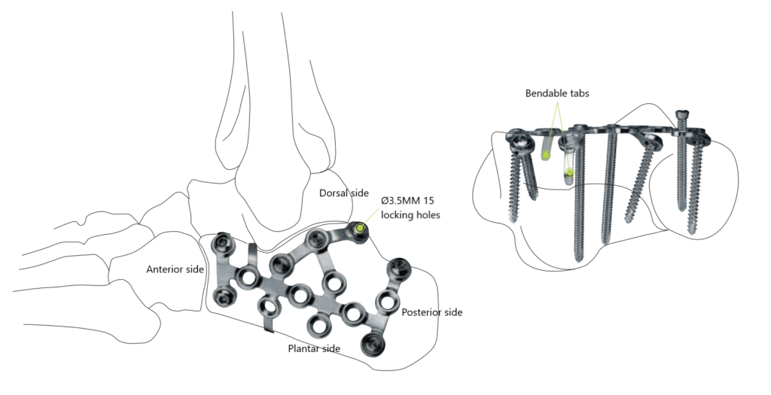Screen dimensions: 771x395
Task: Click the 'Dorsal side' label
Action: click(x=343, y=193)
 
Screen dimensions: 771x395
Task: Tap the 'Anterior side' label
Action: click(x=175, y=269)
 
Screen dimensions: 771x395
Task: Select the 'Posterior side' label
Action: click(x=432, y=312)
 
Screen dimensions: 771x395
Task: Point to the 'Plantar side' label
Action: click(x=314, y=348)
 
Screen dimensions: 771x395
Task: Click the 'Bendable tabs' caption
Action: click(x=557, y=93)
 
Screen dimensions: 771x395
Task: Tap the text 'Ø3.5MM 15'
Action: click(x=407, y=201)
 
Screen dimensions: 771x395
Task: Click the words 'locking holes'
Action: click(x=410, y=214)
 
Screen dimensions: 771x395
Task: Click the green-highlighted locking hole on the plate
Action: click(x=361, y=227)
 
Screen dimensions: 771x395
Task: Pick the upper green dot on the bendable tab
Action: click(x=545, y=155)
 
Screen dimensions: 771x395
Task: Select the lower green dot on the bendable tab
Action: click(x=569, y=172)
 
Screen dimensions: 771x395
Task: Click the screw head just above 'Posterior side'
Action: click(x=398, y=268)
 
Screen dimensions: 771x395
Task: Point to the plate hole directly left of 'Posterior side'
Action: click(x=385, y=300)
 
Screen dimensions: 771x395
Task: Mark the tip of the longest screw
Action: click(x=579, y=260)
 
